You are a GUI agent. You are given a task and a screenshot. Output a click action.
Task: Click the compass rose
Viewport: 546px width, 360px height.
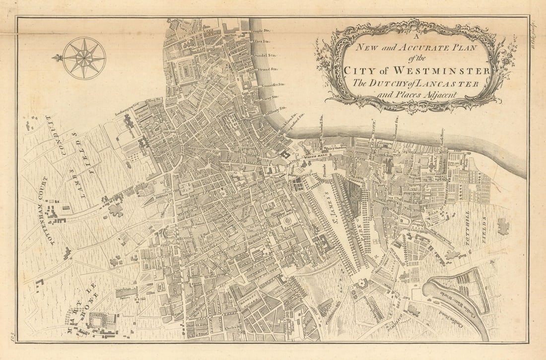(x=84, y=58)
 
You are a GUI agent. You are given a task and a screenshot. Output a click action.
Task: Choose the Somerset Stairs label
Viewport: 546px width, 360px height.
(x=273, y=85)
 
